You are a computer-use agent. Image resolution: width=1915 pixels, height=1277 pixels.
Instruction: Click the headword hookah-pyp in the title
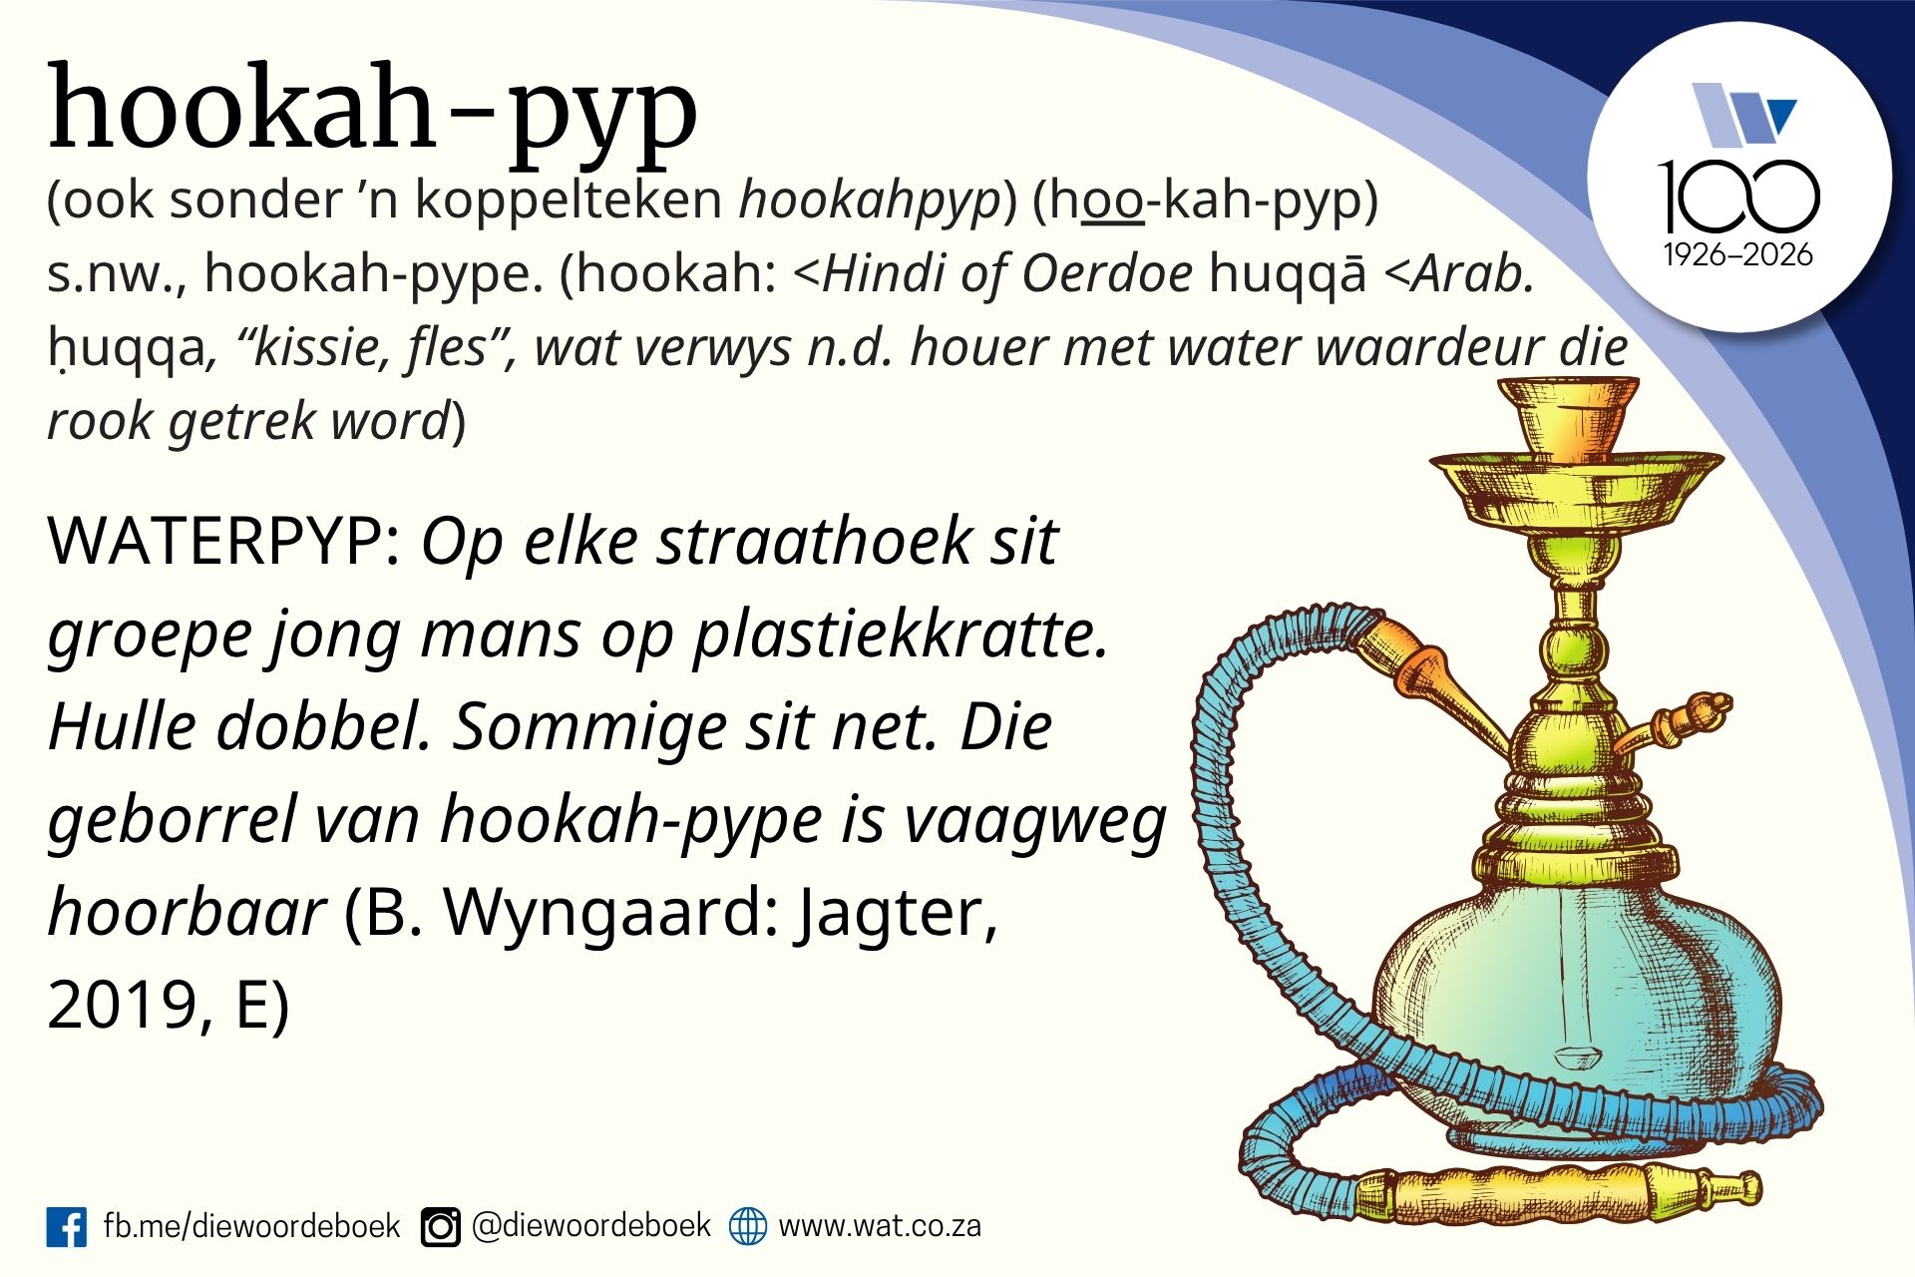tap(372, 112)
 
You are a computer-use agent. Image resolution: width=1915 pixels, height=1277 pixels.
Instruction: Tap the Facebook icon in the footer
tap(67, 1226)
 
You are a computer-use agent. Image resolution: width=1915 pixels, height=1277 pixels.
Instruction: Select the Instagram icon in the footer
tap(440, 1227)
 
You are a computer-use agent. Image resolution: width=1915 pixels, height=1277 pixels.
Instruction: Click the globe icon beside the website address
tap(748, 1226)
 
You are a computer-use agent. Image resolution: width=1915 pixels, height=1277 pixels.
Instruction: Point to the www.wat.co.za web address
tap(880, 1225)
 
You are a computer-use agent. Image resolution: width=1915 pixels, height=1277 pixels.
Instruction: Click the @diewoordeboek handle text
tap(590, 1225)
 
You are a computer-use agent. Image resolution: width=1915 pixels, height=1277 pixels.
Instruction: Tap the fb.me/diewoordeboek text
tap(251, 1225)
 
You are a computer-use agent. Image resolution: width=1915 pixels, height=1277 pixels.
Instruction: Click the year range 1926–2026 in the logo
tap(1737, 255)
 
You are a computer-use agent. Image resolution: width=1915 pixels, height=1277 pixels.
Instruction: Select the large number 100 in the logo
tap(1737, 197)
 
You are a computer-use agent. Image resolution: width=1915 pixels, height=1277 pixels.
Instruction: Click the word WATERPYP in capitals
tap(224, 542)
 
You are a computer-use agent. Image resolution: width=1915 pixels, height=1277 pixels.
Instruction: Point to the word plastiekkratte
tap(901, 636)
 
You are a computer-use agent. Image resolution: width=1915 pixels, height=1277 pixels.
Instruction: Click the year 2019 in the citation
tap(124, 1005)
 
